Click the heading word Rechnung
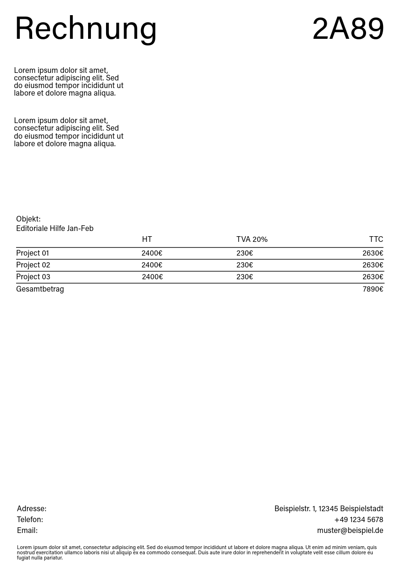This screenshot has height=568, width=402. coord(86,28)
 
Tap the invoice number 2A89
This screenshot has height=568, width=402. coord(348,28)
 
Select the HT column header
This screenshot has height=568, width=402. coord(147,240)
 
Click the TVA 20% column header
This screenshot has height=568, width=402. coord(252,240)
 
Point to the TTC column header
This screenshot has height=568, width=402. coord(376,240)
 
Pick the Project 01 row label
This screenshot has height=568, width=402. coord(33,253)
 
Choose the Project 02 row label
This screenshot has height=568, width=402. coord(33,265)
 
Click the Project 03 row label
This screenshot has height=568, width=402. coord(33,277)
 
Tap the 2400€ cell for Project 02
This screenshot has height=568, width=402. coord(152,265)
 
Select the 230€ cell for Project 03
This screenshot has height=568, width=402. coord(245,277)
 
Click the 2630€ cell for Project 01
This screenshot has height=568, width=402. coord(373,253)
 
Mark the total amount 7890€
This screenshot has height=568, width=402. coord(373,289)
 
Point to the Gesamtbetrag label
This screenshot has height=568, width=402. coord(40,289)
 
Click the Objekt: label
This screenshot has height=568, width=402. coord(28,219)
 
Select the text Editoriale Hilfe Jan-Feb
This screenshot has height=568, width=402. coord(55,229)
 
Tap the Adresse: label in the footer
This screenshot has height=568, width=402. coord(32,509)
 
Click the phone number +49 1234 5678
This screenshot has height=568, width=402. coord(358,520)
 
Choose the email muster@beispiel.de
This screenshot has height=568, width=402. coord(350,531)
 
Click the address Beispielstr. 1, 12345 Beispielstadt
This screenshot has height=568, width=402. coord(329,509)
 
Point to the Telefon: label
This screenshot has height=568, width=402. coord(30,520)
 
